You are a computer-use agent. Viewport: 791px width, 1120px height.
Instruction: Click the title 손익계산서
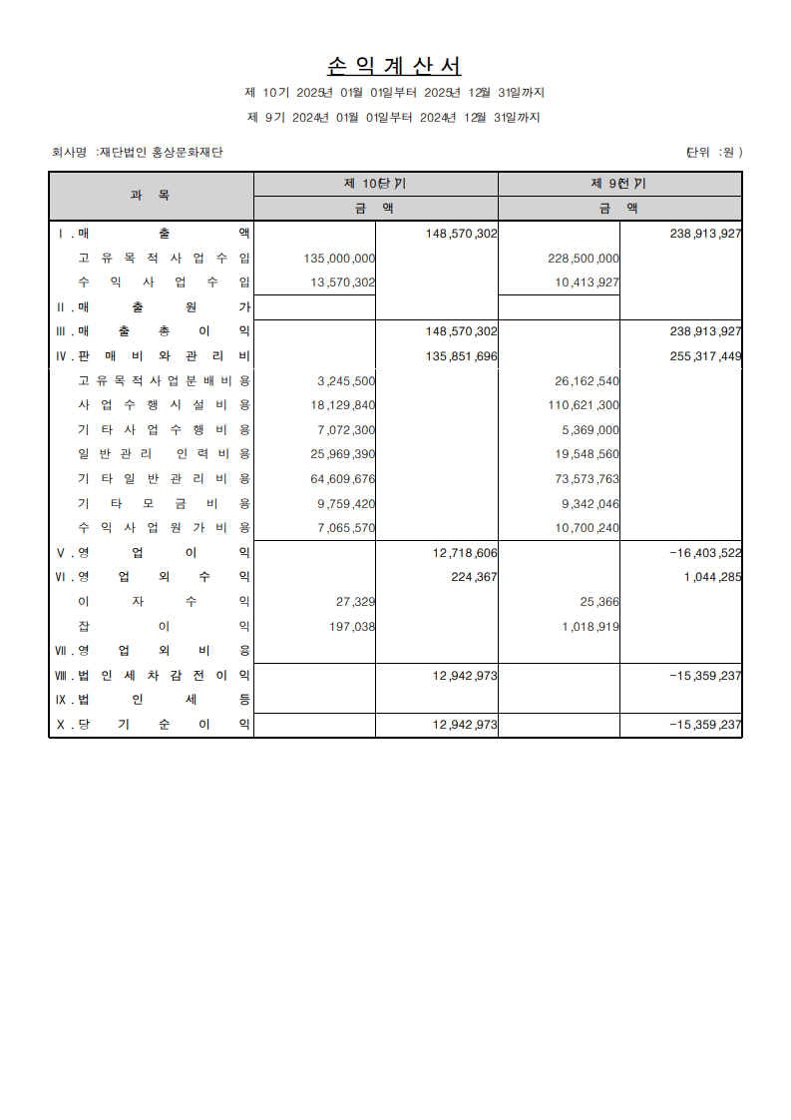click(x=394, y=67)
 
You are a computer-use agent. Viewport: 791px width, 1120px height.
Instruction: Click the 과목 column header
click(x=151, y=196)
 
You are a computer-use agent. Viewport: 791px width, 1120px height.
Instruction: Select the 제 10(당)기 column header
click(x=375, y=184)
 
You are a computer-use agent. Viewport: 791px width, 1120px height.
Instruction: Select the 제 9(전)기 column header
click(x=618, y=184)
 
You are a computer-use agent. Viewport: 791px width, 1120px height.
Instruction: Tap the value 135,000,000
click(x=339, y=258)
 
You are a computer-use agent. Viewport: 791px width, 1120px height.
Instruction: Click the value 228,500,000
click(x=584, y=258)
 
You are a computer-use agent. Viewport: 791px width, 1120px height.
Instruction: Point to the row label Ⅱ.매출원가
click(x=153, y=306)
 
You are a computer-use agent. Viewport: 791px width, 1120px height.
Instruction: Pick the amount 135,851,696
click(x=461, y=355)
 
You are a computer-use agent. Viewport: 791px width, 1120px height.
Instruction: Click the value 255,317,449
click(x=704, y=355)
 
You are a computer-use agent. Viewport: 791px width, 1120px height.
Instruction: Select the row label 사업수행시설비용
click(x=164, y=404)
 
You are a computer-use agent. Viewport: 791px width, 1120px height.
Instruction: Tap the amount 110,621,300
click(x=584, y=404)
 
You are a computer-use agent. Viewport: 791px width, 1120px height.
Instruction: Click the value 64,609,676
click(x=343, y=478)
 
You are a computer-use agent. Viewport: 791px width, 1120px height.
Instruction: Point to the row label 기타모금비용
click(x=164, y=503)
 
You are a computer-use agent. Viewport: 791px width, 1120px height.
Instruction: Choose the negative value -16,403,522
click(x=704, y=552)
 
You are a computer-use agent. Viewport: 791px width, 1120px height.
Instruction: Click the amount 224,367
click(x=474, y=576)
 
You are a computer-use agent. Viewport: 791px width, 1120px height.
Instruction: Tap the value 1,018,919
click(x=591, y=626)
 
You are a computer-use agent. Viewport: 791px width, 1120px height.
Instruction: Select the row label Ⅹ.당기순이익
click(x=153, y=725)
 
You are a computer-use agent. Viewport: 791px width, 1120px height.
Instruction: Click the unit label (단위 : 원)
click(x=713, y=153)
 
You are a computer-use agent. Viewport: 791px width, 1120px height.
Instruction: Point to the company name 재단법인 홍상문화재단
click(x=160, y=153)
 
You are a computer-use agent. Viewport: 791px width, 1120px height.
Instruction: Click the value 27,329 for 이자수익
click(x=352, y=601)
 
